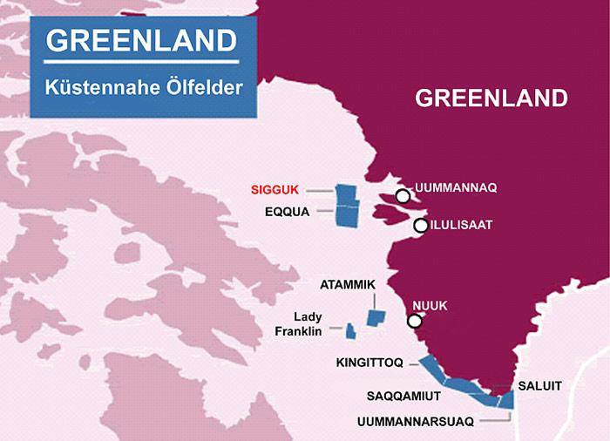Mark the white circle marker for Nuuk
pos(414,321)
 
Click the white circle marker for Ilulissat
pos(420,226)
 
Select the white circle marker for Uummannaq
pos(402,195)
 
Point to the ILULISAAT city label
pos(462,225)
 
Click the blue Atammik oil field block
pos(376,318)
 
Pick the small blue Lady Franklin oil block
pos(350,331)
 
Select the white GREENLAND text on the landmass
pos(491,97)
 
